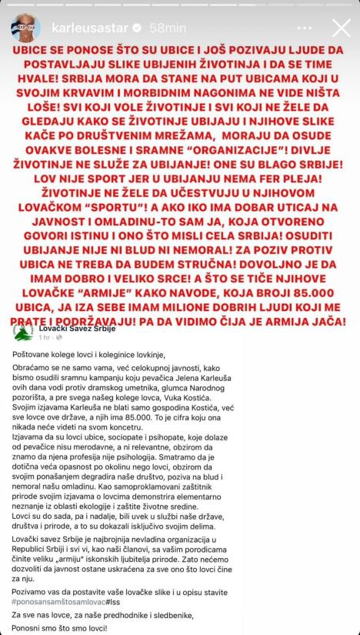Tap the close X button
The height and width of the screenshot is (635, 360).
pos(339,28)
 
